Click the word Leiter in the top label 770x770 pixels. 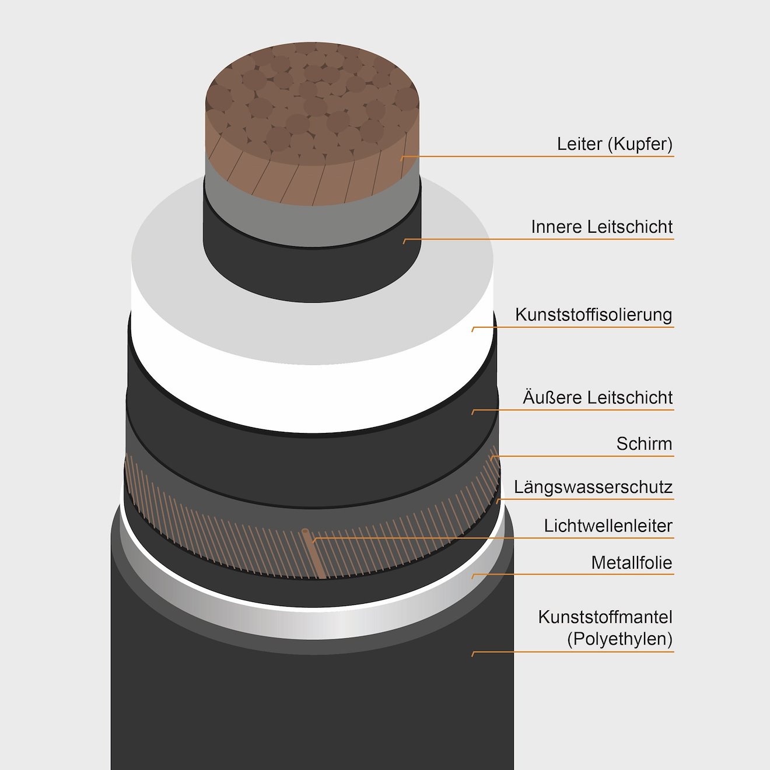pyautogui.click(x=580, y=144)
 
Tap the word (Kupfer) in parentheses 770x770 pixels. pyautogui.click(x=640, y=145)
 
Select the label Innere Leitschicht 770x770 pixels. pyautogui.click(x=602, y=227)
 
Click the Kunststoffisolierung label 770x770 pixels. pyautogui.click(x=593, y=315)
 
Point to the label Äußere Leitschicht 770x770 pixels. pyautogui.click(x=598, y=397)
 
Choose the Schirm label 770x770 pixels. pyautogui.click(x=644, y=444)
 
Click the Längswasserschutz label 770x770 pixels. pyautogui.click(x=593, y=487)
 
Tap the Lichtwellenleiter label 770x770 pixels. pyautogui.click(x=608, y=526)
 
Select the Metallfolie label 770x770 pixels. pyautogui.click(x=632, y=562)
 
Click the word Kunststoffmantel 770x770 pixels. pyautogui.click(x=605, y=617)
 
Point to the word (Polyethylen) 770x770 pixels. pyautogui.click(x=619, y=639)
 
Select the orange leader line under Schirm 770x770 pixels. pyautogui.click(x=582, y=456)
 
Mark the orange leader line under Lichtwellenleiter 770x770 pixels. pyautogui.click(x=493, y=538)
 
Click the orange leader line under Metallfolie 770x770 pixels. pyautogui.click(x=573, y=575)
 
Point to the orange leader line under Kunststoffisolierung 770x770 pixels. pyautogui.click(x=573, y=327)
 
